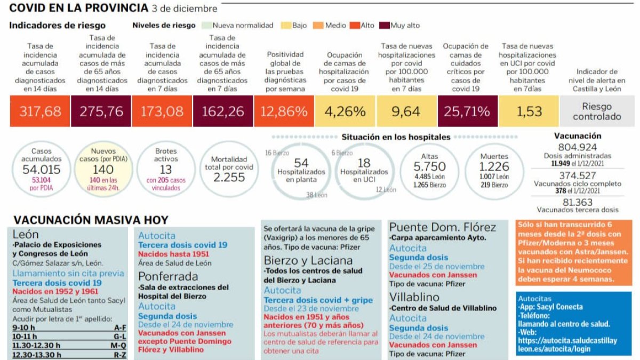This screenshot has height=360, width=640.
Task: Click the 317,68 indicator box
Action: [x=41, y=111]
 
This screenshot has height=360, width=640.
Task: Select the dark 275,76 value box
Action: [x=101, y=111]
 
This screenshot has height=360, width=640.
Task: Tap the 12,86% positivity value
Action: [x=285, y=111]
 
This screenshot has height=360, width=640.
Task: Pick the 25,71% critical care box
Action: [x=467, y=111]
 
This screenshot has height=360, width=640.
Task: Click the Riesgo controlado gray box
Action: [x=597, y=111]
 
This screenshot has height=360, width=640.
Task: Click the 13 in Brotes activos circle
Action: [x=166, y=170]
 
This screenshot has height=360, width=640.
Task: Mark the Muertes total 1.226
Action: [x=494, y=166]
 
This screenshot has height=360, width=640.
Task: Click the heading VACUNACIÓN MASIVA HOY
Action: [x=91, y=220]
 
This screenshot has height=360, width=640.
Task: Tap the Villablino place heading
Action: [x=414, y=297]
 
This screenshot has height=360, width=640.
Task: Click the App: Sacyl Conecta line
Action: [x=551, y=307]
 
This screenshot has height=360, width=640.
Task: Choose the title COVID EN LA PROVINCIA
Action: [x=79, y=8]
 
